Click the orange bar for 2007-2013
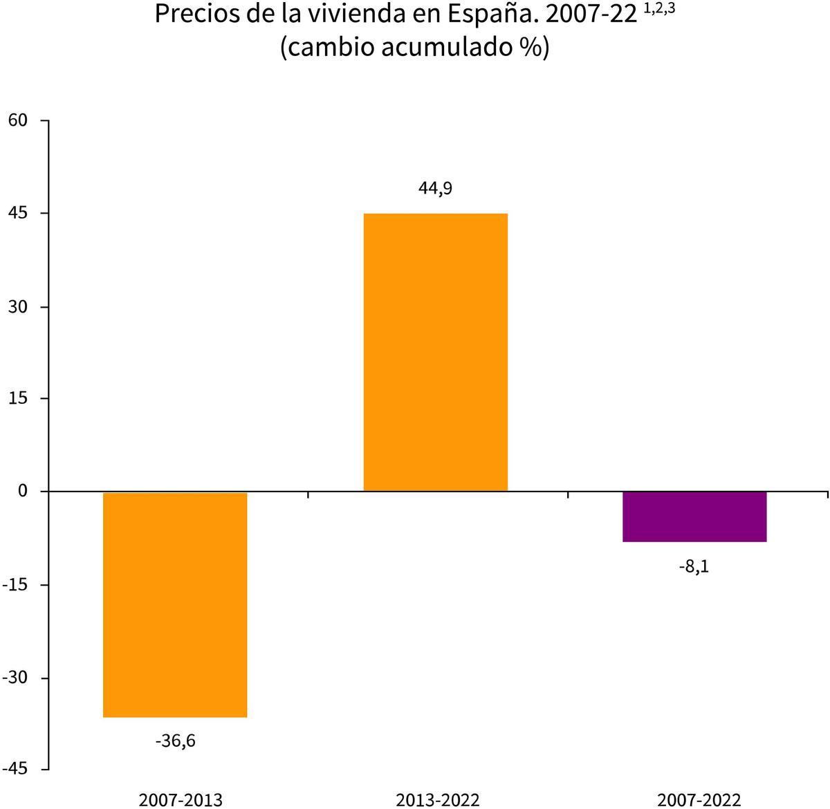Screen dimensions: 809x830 tap(175, 604)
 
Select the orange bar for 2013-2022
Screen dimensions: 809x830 tap(435, 352)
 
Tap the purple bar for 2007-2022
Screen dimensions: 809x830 tap(694, 517)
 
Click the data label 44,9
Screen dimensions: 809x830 tap(435, 188)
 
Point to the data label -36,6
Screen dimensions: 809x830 tap(175, 741)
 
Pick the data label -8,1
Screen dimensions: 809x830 tap(694, 567)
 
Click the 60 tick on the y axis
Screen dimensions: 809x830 tap(17, 120)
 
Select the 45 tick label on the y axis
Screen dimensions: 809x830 tap(17, 213)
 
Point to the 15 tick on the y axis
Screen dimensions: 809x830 tap(17, 398)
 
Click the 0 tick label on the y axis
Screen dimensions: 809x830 tap(22, 491)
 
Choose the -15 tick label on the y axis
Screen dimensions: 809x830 tap(15, 584)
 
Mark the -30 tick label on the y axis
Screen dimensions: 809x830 tap(15, 677)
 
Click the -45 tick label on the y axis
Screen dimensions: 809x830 tap(15, 770)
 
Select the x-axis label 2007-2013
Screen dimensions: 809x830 tap(181, 800)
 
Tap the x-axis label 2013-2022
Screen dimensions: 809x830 tap(437, 800)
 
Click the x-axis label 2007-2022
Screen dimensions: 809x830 tap(699, 800)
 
